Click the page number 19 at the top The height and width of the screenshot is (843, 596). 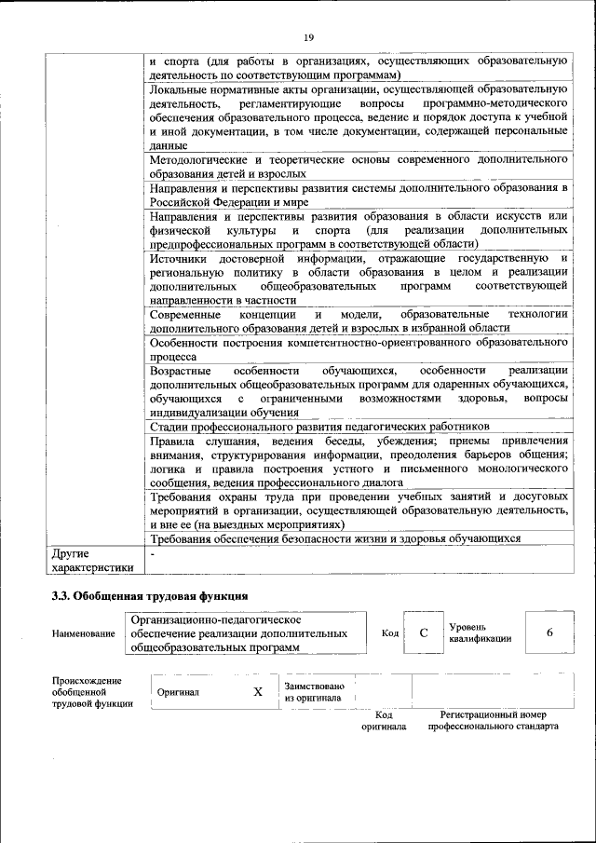coord(309,37)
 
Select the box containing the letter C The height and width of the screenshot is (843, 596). coord(423,632)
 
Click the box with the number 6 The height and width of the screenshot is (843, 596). coord(549,632)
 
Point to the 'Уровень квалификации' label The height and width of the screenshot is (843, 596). coord(480,632)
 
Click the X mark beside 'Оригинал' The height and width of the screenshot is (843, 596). coord(258,692)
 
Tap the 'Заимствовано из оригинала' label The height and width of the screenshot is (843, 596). coord(314,692)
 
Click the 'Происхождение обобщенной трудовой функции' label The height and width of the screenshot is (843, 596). coord(87,692)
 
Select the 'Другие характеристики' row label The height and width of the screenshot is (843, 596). coord(92,560)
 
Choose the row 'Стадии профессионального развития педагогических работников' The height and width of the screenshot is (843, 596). coord(318,426)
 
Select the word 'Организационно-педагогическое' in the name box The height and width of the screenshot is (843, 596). coord(215,619)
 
